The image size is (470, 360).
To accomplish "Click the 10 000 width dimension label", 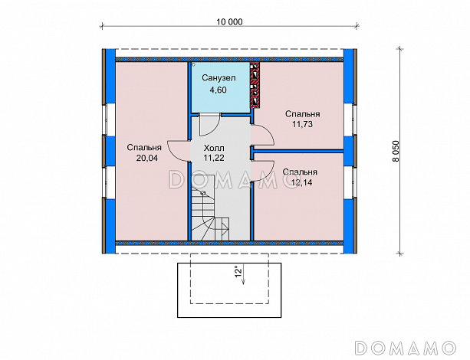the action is (x=229, y=22).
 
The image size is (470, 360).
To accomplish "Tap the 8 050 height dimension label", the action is (x=396, y=151).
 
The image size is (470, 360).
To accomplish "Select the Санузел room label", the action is (x=219, y=78).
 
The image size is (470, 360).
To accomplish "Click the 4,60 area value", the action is (x=219, y=90).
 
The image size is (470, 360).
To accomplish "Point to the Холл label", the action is (x=214, y=148).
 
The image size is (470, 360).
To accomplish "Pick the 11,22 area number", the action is (x=214, y=158).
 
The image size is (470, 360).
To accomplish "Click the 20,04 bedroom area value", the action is (x=147, y=158).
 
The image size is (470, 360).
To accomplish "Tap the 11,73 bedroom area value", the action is (x=302, y=124).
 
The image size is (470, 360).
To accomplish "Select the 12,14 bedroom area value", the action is (x=301, y=182).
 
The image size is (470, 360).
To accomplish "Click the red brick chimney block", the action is (x=255, y=85).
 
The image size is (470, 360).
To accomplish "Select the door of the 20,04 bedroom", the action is (x=179, y=151).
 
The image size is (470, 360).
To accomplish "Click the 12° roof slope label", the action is (x=238, y=271).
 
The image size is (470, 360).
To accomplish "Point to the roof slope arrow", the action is (x=243, y=274).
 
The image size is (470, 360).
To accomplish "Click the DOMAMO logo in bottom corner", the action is (x=406, y=348).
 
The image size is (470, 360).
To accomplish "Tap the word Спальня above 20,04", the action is (x=144, y=148).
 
